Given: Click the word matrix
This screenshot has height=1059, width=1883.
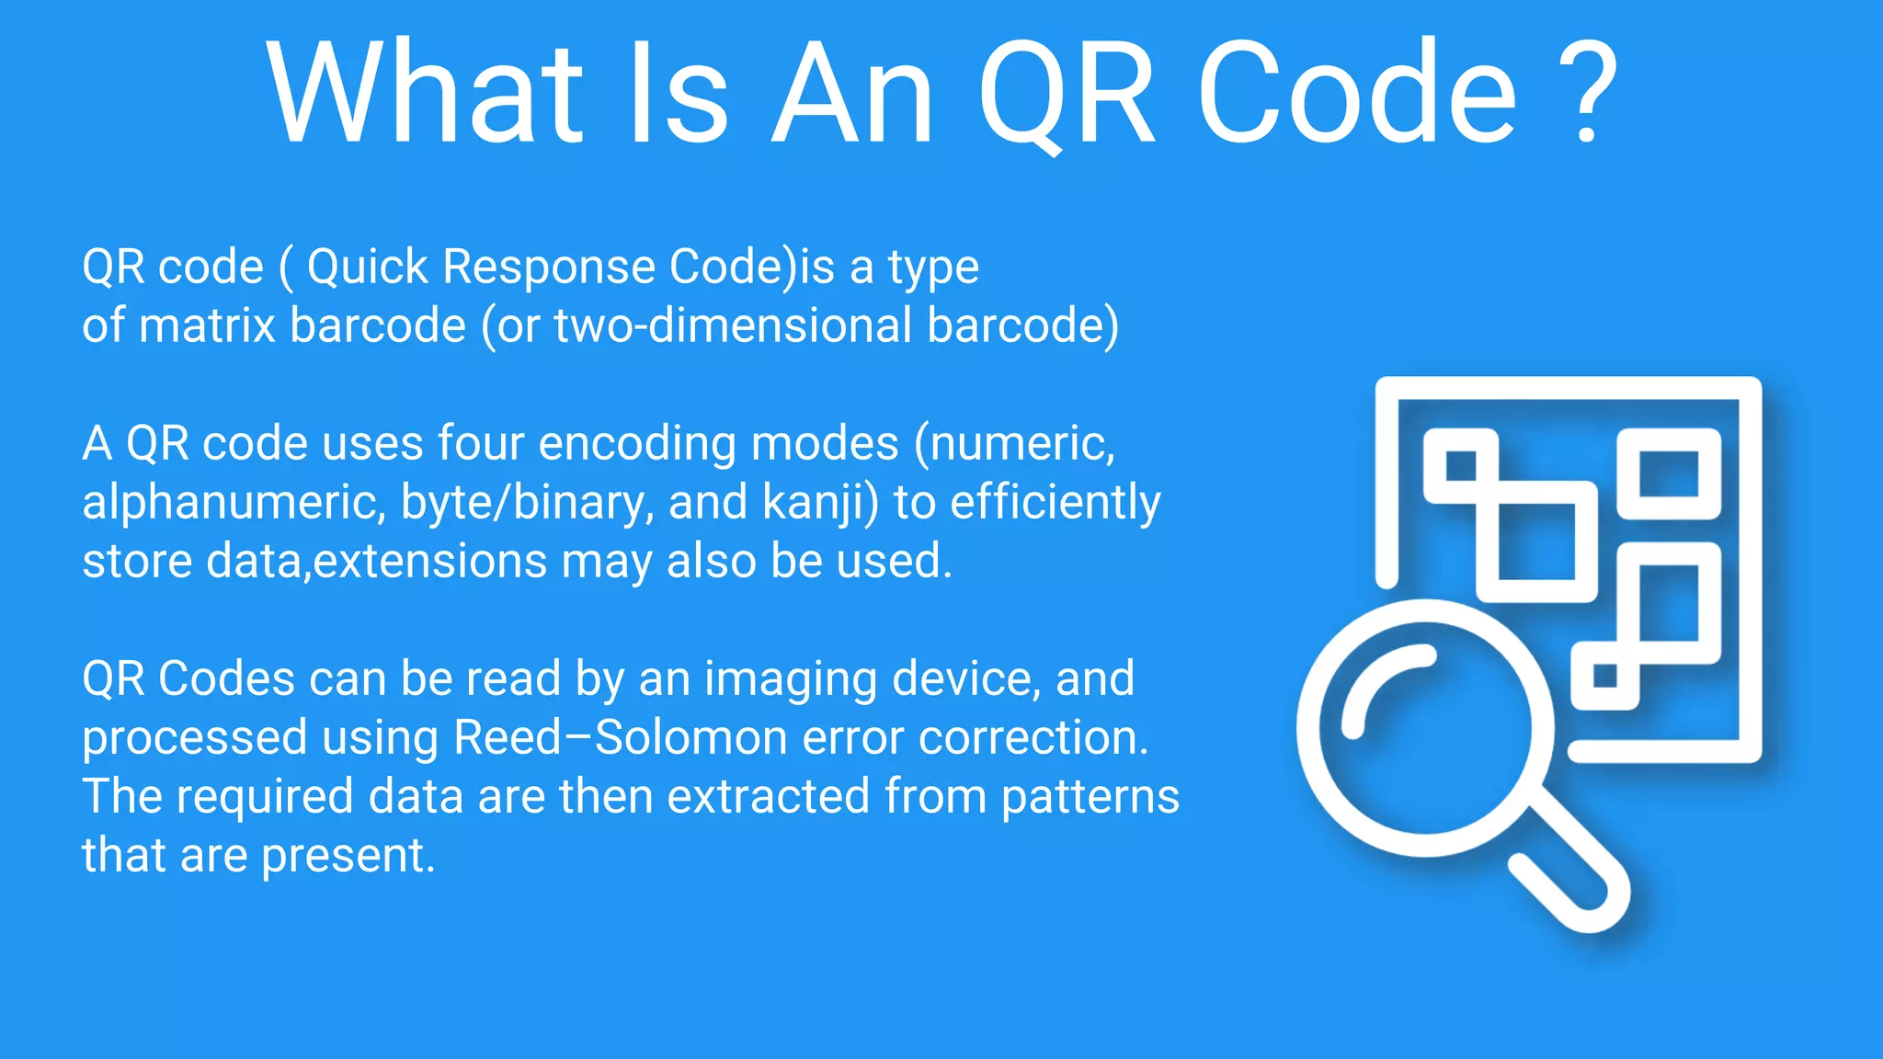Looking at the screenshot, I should point(207,325).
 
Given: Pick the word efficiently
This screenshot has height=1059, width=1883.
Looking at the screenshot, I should point(1056,503).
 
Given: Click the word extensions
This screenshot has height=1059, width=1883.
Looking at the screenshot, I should point(429,561).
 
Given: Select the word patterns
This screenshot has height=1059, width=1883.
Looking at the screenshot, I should point(1090,797).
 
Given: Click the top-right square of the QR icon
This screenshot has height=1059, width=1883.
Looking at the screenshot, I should point(1669,473).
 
